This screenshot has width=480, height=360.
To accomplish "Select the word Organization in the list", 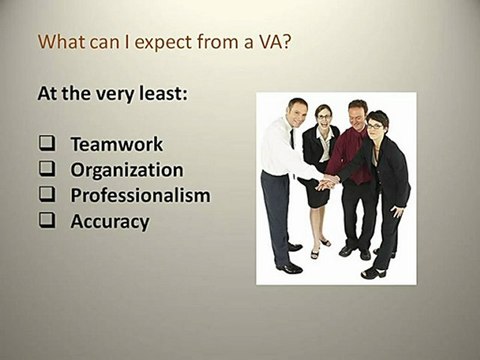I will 127,169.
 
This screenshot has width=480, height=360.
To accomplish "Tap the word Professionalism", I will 140,195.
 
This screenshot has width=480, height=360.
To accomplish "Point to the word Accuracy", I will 110,221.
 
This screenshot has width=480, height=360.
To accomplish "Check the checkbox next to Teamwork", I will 46,144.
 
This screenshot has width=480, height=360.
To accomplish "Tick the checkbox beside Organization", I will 46,170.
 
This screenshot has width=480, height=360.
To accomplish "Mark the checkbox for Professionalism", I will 46,196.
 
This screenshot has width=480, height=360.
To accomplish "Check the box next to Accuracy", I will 46,222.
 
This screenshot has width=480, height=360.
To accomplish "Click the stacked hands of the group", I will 327,182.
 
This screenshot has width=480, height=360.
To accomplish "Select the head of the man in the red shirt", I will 357,111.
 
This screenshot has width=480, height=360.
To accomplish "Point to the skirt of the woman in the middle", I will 318,196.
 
